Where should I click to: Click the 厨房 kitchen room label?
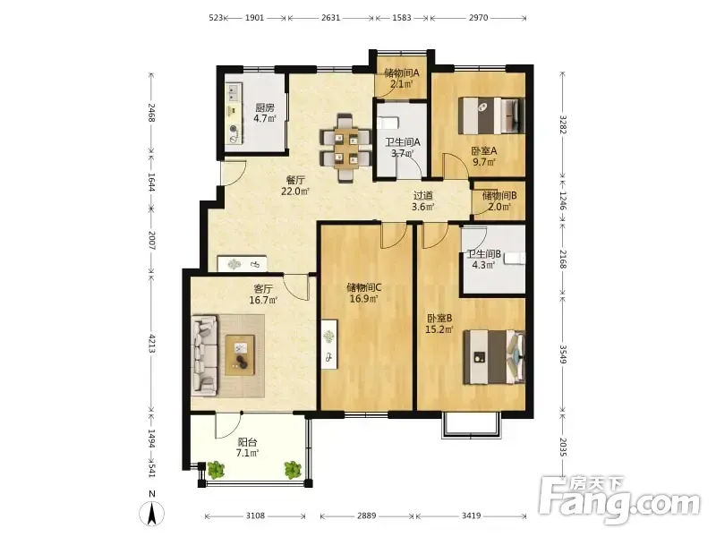point(265,108)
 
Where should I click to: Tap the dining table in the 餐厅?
point(345,148)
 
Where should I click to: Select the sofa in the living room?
point(204,354)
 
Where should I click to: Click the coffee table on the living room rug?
point(240,354)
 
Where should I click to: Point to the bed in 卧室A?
point(491,115)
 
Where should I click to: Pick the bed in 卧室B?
point(494,357)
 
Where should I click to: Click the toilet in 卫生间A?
point(388,123)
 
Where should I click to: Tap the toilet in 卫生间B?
point(515,259)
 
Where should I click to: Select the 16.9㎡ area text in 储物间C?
point(364,299)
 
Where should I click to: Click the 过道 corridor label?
point(422,195)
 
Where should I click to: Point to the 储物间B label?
point(499,196)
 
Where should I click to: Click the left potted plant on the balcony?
point(216,469)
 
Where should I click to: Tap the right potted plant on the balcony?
point(293,470)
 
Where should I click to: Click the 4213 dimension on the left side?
point(152,344)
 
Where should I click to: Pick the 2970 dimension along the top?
point(478,18)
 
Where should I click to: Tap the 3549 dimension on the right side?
point(563,354)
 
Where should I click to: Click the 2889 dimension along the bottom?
point(367,516)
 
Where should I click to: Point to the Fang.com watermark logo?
point(620,501)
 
